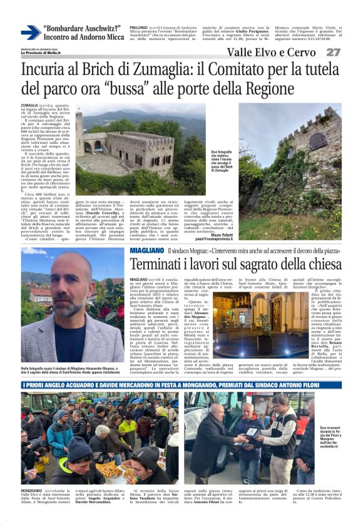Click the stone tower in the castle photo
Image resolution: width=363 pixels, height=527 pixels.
click(x=80, y=135)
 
